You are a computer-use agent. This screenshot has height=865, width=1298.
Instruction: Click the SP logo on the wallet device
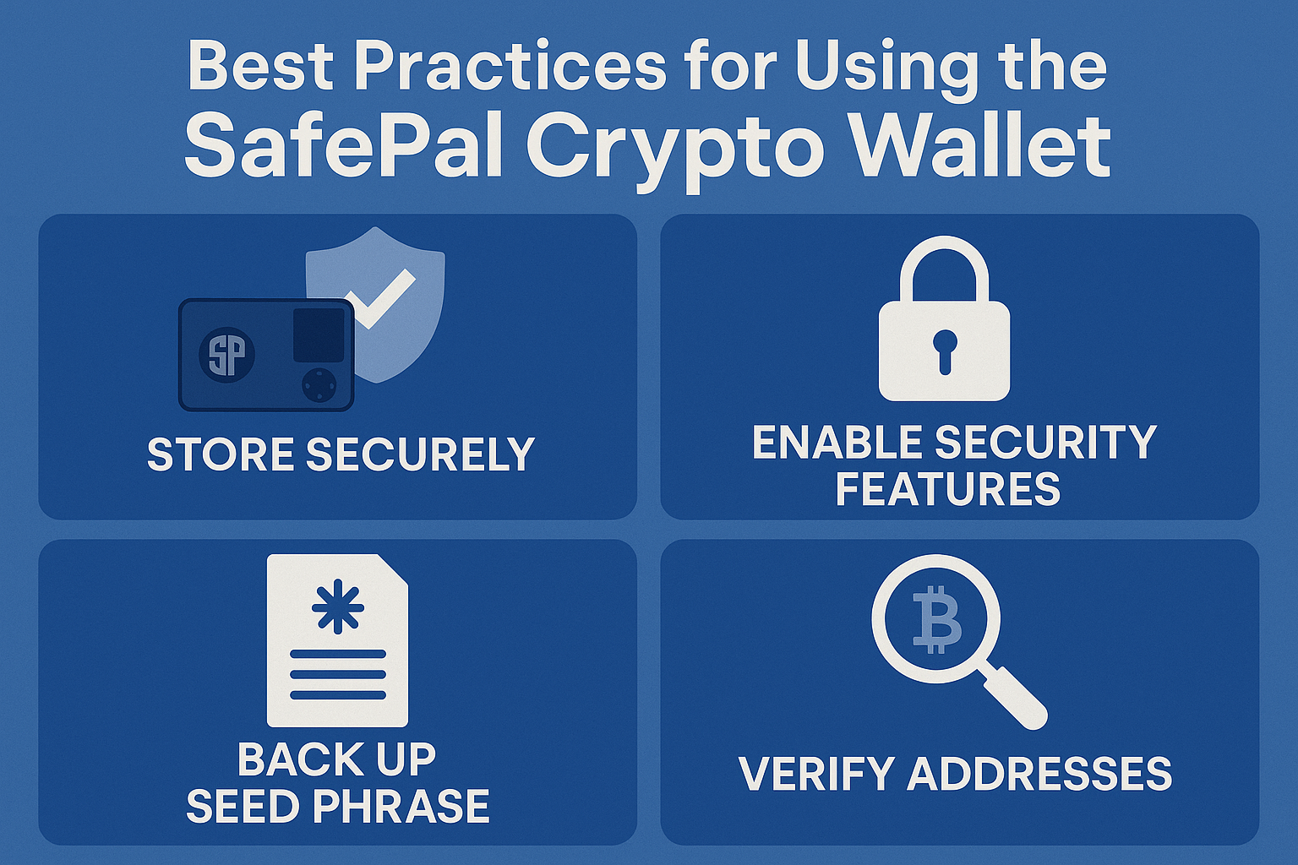227,355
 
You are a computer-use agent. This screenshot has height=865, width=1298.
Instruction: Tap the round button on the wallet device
319,384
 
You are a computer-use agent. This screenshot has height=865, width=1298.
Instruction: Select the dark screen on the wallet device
319,335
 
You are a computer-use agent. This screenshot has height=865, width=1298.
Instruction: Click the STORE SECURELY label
341,454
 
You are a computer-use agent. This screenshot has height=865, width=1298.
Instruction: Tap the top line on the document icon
338,654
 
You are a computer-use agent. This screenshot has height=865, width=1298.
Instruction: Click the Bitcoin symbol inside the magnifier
936,623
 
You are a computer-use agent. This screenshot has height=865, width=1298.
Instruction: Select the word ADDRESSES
1039,773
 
